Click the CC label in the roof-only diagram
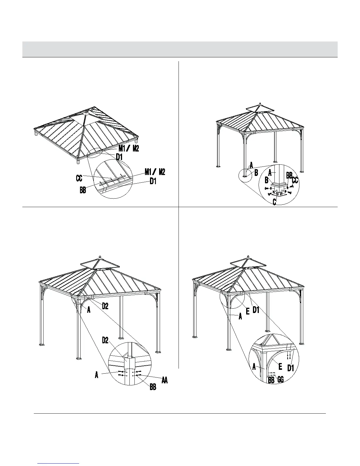[x=79, y=178]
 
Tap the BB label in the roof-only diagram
[x=83, y=190]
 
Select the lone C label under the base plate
[x=274, y=202]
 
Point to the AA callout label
[x=164, y=380]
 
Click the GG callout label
[x=280, y=380]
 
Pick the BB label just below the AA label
[x=153, y=387]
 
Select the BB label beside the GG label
[x=271, y=380]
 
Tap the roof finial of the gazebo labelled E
[x=249, y=257]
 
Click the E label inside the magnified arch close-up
[x=280, y=367]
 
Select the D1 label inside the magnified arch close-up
[x=291, y=368]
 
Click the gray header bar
[x=180, y=49]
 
